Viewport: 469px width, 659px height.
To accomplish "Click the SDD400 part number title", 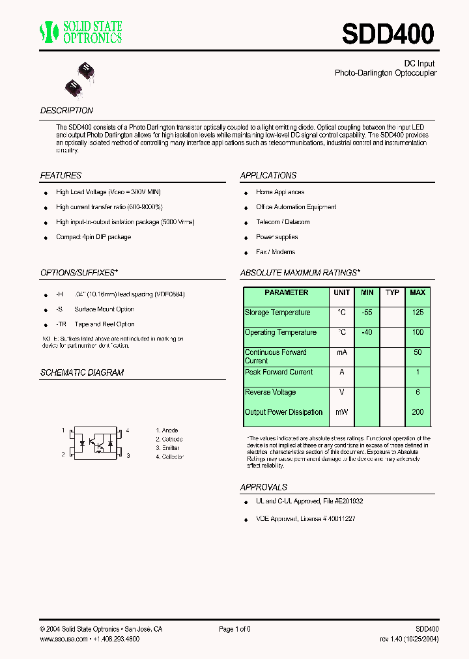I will click(388, 33).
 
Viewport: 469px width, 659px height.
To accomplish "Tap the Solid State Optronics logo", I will click(81, 32).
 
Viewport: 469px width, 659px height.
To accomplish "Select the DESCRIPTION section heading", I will click(66, 111).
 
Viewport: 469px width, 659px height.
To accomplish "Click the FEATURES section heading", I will click(61, 175).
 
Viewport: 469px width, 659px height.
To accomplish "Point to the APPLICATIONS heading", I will click(268, 175).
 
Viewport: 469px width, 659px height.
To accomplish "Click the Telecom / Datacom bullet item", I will click(283, 222).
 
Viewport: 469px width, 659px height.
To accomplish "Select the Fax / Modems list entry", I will click(276, 252).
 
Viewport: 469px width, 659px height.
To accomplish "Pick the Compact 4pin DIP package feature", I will click(93, 237).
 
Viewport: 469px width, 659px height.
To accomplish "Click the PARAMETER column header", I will click(287, 293).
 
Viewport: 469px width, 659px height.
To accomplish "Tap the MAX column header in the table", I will click(418, 293).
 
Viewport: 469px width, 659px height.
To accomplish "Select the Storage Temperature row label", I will click(277, 313).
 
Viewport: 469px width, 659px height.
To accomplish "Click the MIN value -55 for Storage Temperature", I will click(367, 313).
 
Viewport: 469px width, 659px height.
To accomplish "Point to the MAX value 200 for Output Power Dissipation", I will click(418, 412).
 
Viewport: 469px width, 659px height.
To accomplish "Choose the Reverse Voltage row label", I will click(270, 392).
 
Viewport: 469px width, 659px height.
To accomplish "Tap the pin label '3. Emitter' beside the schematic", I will click(167, 448).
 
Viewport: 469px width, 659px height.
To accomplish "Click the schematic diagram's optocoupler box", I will click(96, 443).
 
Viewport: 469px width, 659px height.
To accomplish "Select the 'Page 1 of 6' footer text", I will click(234, 629).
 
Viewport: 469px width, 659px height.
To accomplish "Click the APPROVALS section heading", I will click(264, 487).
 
